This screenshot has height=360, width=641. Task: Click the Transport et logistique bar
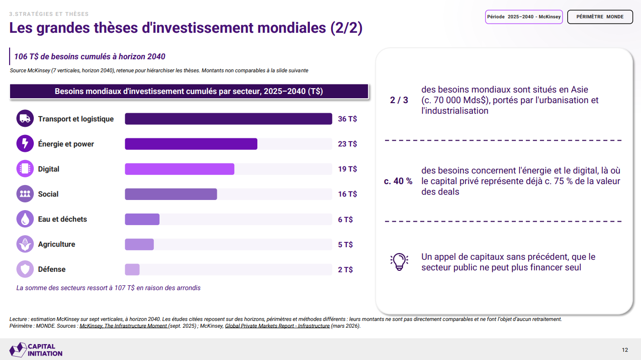pyautogui.click(x=228, y=119)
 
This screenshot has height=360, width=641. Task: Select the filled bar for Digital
pyautogui.click(x=179, y=169)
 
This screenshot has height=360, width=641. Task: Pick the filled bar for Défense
pyautogui.click(x=132, y=269)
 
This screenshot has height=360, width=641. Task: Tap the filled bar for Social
pyautogui.click(x=171, y=194)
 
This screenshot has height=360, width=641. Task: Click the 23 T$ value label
pyautogui.click(x=347, y=144)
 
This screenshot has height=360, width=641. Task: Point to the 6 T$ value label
pyautogui.click(x=346, y=219)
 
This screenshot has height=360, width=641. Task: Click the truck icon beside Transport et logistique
pyautogui.click(x=25, y=118)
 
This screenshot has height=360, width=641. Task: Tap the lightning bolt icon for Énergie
pyautogui.click(x=25, y=143)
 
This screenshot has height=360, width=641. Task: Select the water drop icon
pyautogui.click(x=25, y=219)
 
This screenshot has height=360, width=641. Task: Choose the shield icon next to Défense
pyautogui.click(x=25, y=269)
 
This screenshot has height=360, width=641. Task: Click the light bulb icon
pyautogui.click(x=399, y=262)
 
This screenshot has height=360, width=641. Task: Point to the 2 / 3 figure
pyautogui.click(x=399, y=100)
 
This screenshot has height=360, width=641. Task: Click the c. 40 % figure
pyautogui.click(x=398, y=181)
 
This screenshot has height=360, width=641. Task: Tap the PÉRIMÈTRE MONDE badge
pyautogui.click(x=600, y=17)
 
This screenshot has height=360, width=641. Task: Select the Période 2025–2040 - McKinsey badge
pyautogui.click(x=524, y=17)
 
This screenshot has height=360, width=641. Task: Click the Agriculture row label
pyautogui.click(x=57, y=244)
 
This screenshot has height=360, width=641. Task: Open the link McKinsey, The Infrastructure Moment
pyautogui.click(x=123, y=326)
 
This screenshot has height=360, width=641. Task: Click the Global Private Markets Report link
pyautogui.click(x=277, y=326)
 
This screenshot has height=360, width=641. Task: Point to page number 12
pyautogui.click(x=625, y=350)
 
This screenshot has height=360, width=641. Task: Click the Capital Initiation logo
pyautogui.click(x=36, y=350)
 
